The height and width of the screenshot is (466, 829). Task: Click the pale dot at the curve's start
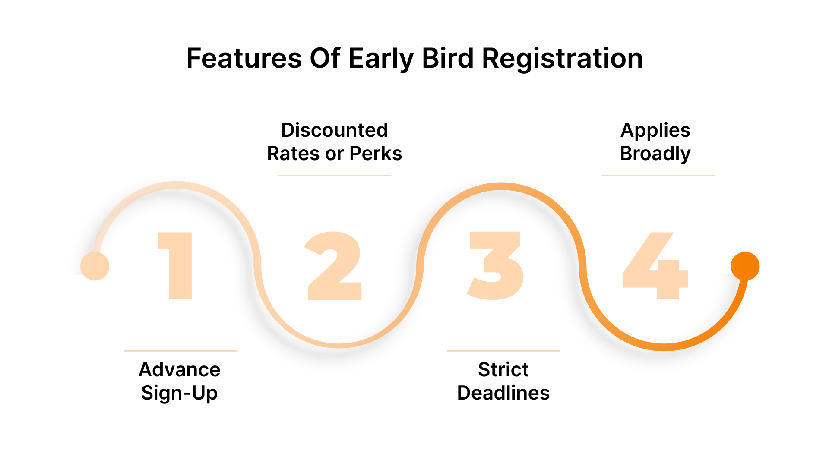pyautogui.click(x=95, y=266)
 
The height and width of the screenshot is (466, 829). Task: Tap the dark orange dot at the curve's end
pyautogui.click(x=745, y=266)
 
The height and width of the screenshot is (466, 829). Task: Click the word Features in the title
pyautogui.click(x=244, y=58)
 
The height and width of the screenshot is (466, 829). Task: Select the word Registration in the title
pyautogui.click(x=562, y=58)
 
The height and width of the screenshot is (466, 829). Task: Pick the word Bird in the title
pyautogui.click(x=448, y=58)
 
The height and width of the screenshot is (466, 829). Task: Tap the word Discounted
pyautogui.click(x=335, y=130)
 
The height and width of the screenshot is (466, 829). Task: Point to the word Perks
pyautogui.click(x=376, y=154)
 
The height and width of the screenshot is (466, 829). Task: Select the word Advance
pyautogui.click(x=180, y=370)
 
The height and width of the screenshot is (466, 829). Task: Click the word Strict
pyautogui.click(x=503, y=370)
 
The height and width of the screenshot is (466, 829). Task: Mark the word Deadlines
pyautogui.click(x=503, y=393)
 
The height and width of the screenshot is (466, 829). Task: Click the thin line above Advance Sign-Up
pyautogui.click(x=180, y=351)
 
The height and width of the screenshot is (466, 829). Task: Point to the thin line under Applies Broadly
pyautogui.click(x=657, y=176)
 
